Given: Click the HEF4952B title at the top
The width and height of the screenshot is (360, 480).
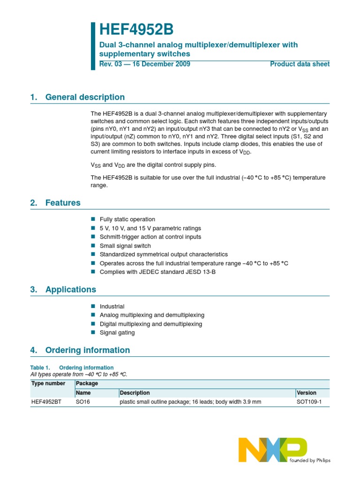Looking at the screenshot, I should [136, 30].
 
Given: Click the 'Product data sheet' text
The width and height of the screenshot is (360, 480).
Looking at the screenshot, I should [300, 64].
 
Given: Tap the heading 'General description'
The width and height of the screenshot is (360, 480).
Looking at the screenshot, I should [85, 97].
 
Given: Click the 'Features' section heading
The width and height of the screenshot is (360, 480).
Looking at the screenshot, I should [63, 203].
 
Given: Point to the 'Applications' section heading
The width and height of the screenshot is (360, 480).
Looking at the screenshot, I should [70, 289].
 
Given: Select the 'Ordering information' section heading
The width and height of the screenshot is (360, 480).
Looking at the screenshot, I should [87, 350].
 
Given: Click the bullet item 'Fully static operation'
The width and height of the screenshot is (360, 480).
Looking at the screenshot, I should [127, 219].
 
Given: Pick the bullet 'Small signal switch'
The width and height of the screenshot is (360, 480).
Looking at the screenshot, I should [125, 246].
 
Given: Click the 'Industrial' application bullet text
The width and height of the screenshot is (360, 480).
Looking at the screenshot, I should [112, 307].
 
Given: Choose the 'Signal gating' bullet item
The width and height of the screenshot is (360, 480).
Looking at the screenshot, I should [117, 333].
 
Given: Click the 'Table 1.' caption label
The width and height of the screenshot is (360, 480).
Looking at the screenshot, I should [40, 367].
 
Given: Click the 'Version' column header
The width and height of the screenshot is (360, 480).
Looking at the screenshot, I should [307, 393].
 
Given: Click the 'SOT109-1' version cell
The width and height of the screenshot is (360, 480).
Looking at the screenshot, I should [309, 402].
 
